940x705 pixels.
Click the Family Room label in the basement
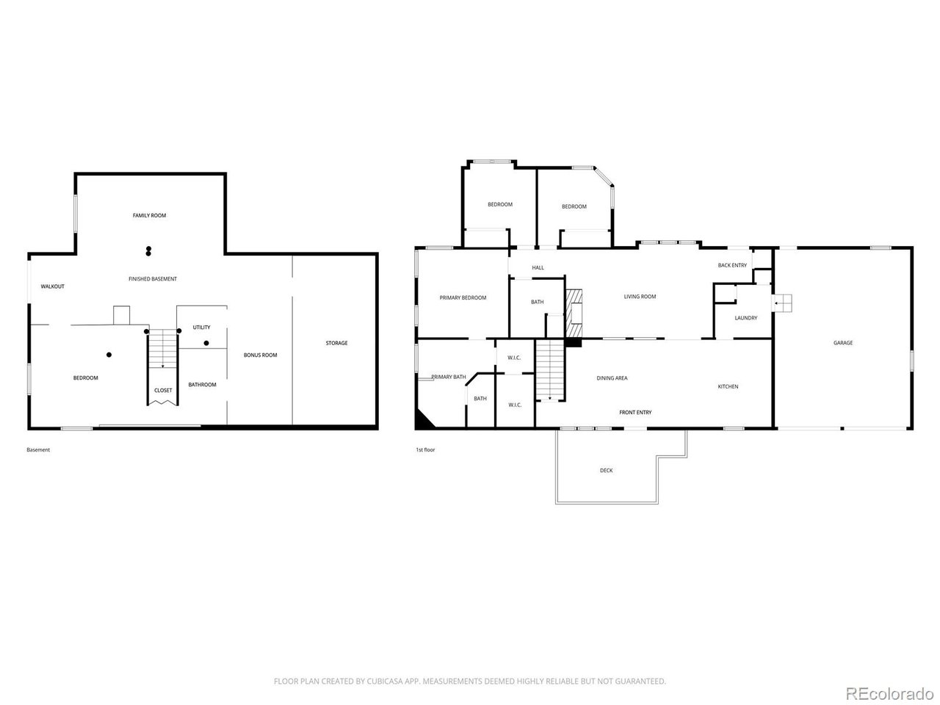149,215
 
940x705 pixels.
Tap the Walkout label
52,286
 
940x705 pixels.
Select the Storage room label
336,343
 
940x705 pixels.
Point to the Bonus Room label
261,355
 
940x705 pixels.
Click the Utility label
201,327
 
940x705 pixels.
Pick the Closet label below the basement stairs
163,390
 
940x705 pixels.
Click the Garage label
843,343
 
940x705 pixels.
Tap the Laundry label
746,318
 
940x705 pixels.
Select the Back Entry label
732,265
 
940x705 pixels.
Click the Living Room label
640,297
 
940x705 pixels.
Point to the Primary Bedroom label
463,297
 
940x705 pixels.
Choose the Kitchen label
728,386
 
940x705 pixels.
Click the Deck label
606,470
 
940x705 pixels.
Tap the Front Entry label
635,412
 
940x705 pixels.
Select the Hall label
538,267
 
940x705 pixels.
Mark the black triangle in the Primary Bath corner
422,420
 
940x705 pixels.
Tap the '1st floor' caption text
425,449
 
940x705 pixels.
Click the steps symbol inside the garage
784,303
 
